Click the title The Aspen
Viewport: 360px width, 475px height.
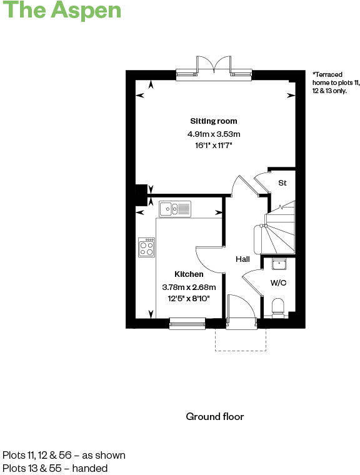pos(61,11)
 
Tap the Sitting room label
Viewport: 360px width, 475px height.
pos(214,121)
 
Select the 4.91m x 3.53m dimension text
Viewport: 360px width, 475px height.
pos(214,134)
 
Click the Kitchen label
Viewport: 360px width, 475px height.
pos(189,274)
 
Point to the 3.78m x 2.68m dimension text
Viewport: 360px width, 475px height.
pos(189,287)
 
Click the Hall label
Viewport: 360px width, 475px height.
pos(243,259)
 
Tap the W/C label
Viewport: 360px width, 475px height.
pos(278,282)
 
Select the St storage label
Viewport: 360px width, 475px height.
pos(282,183)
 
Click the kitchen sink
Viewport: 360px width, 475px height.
pos(175,209)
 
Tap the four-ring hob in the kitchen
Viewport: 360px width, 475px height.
pos(147,247)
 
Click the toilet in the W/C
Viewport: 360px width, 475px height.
pos(279,307)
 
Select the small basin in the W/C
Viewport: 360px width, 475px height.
pos(279,262)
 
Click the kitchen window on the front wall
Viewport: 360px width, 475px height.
pos(187,322)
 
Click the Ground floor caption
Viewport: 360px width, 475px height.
pos(214,416)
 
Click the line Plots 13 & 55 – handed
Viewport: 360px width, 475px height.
pos(55,467)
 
